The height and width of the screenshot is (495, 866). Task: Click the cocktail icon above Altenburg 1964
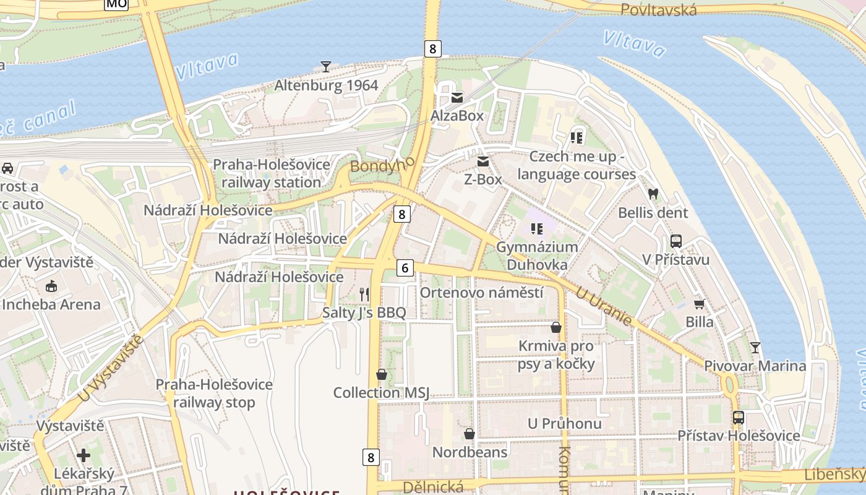[326, 66]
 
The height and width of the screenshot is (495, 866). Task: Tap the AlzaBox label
[457, 116]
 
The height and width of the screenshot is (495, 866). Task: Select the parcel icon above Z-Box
[483, 161]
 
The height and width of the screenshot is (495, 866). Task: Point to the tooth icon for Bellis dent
[653, 194]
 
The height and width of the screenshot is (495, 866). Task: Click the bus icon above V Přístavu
[675, 241]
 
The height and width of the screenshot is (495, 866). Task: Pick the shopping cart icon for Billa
[699, 304]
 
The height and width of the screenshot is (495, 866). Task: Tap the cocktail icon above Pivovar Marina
[755, 347]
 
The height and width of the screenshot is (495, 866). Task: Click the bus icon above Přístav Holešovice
[738, 417]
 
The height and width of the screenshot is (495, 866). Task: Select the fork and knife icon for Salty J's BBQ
[364, 294]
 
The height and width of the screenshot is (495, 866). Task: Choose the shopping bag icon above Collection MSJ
[381, 374]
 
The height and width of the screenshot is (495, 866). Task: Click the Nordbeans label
[469, 452]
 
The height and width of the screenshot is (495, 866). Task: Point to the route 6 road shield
[405, 268]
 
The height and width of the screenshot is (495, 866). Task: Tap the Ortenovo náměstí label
[481, 293]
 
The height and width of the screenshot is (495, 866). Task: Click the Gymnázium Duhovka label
[537, 256]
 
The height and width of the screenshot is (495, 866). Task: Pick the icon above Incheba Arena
[51, 286]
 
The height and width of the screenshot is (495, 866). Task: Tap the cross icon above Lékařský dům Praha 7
[84, 455]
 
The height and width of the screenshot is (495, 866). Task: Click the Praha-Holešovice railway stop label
[214, 394]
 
